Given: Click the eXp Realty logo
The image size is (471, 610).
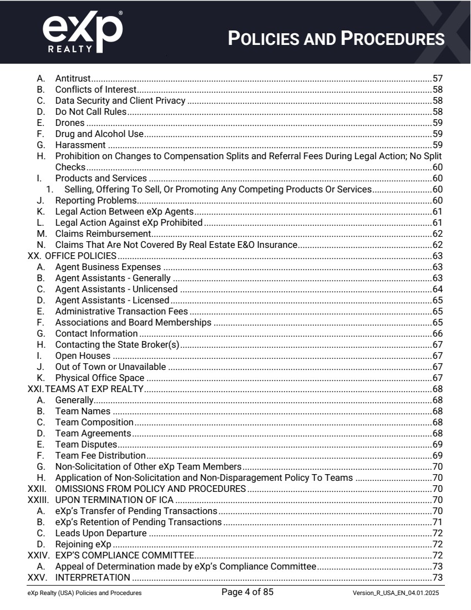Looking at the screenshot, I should point(82,32).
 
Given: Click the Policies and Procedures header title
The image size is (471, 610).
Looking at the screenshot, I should point(336,39).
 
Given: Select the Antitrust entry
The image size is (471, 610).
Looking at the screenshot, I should point(73,79).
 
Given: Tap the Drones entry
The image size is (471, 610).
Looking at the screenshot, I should point(70,123).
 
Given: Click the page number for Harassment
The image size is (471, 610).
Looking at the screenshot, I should point(437,145).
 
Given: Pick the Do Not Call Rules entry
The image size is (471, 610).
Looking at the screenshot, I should point(91,112).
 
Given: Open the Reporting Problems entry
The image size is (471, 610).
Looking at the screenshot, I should point(96,200).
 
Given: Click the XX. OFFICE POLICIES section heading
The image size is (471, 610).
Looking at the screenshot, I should point(72,256).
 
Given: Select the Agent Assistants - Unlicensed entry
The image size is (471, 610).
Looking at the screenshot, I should point(117,289).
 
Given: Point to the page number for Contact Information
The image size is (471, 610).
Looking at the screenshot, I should point(437,333).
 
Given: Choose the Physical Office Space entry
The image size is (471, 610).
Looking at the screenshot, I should point(100,378).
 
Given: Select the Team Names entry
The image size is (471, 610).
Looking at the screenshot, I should point(83,411).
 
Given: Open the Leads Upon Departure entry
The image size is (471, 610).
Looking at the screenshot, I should point(101,533).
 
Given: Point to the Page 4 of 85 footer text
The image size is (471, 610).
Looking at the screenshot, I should point(247,592).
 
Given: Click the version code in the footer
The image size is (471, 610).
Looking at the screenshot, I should point(397,593).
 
